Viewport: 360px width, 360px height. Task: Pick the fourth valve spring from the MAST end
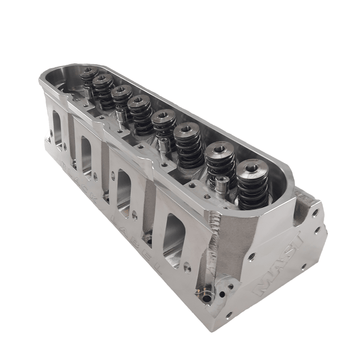point(163,126)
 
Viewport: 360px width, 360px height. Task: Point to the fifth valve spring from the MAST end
point(141,110)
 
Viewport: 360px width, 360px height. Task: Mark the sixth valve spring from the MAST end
point(121,98)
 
